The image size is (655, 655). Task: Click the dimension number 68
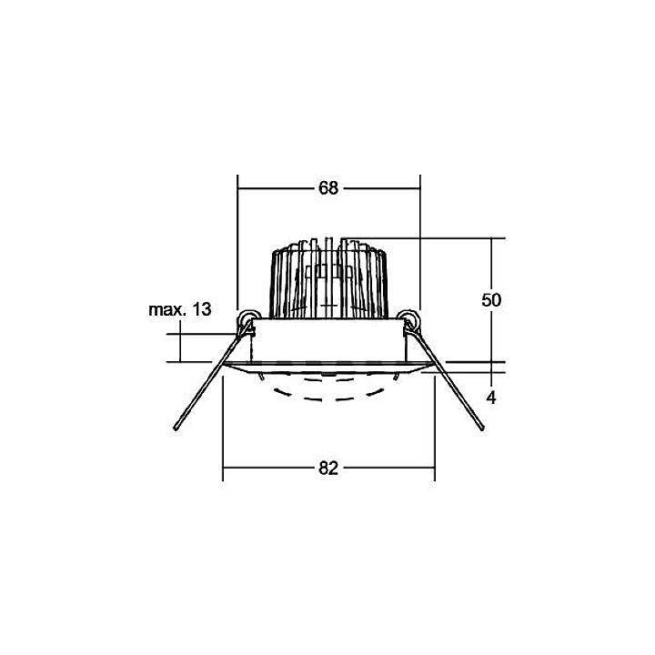click(x=328, y=188)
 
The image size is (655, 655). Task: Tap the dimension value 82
click(x=328, y=469)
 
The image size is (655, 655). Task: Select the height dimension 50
click(x=492, y=301)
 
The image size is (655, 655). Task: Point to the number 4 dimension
click(x=490, y=398)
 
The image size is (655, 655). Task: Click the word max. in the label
click(x=166, y=310)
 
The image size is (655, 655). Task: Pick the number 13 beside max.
click(x=201, y=310)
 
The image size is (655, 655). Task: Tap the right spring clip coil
click(x=410, y=319)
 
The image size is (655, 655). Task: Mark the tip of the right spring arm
click(x=483, y=428)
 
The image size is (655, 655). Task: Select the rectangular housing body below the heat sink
click(x=328, y=341)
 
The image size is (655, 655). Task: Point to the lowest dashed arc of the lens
click(x=328, y=398)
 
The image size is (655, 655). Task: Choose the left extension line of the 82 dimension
click(x=224, y=428)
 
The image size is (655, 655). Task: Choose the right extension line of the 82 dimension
click(x=434, y=428)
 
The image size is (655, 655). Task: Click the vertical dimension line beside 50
click(x=492, y=264)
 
